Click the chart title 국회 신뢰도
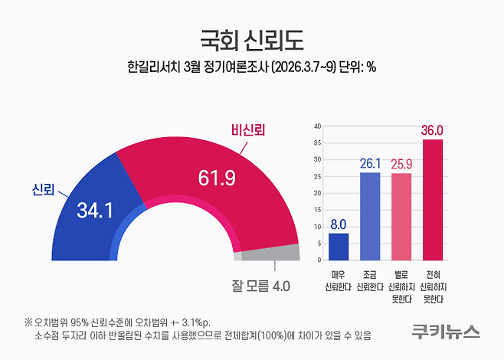[251, 38]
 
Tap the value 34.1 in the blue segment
[94, 210]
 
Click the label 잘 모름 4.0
[260, 286]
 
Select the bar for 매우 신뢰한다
[338, 247]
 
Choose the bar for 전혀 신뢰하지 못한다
[433, 199]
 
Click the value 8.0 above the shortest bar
[338, 225]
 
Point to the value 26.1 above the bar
[370, 164]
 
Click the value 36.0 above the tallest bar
[433, 131]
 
